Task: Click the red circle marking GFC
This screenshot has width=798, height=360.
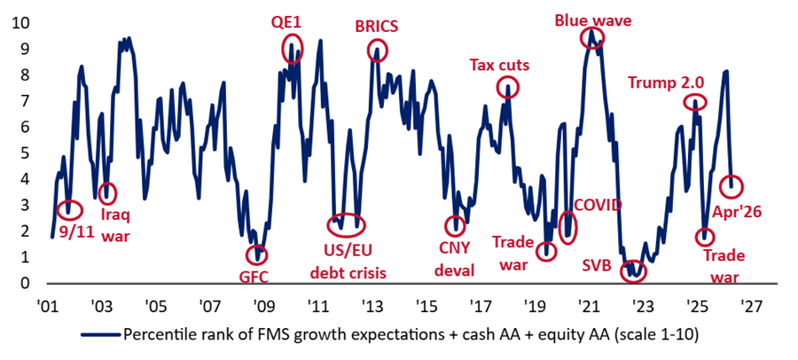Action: coord(258,254)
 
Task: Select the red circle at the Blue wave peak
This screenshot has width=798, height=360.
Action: coord(591,37)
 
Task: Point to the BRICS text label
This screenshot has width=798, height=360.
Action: coord(376,26)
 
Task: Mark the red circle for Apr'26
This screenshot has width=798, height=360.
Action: coord(732,186)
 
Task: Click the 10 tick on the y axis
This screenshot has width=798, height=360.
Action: coord(17,23)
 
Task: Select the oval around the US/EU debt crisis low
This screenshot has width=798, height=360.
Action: coord(346,222)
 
